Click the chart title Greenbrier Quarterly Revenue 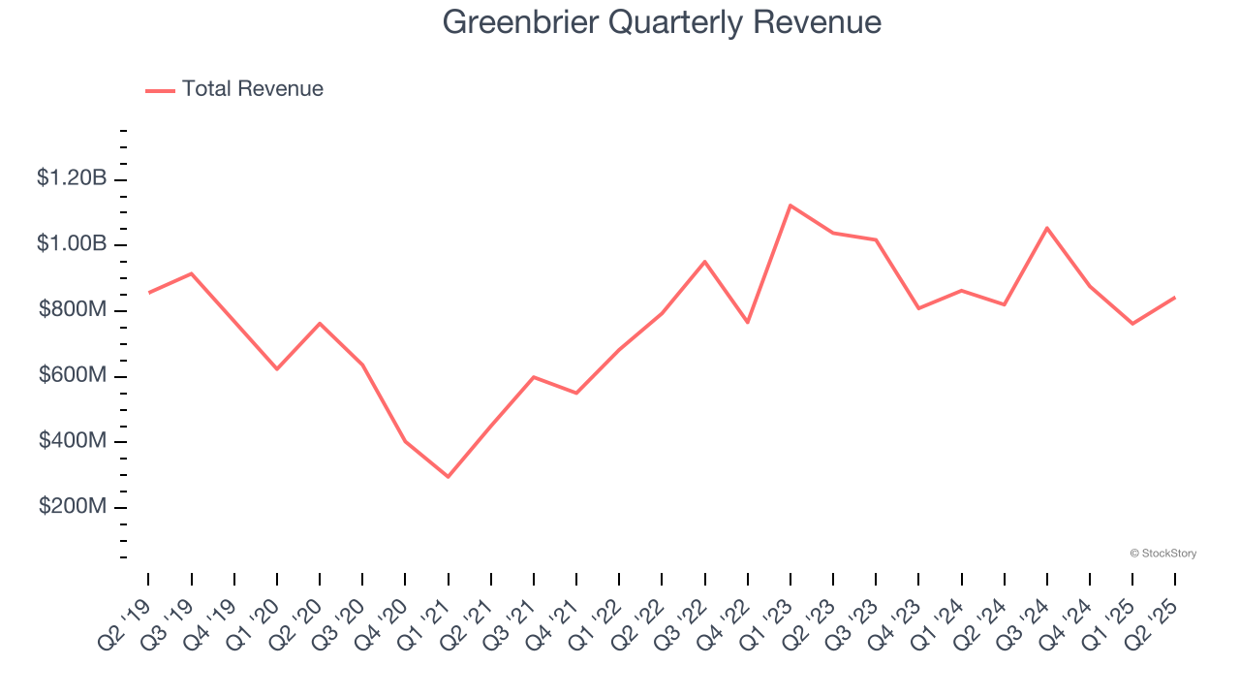coord(662,21)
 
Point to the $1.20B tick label coord(72,178)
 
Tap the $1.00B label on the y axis coord(72,243)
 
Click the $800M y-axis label coord(73,310)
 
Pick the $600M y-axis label coord(73,375)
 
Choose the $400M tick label coord(73,441)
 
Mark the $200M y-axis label coord(73,507)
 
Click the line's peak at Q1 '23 coord(790,206)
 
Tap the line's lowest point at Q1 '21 coord(449,477)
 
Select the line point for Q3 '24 coord(1047,228)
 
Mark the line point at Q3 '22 coord(705,262)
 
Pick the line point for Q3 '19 coord(192,273)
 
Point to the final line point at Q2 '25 coord(1175,298)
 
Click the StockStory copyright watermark coord(1162,554)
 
